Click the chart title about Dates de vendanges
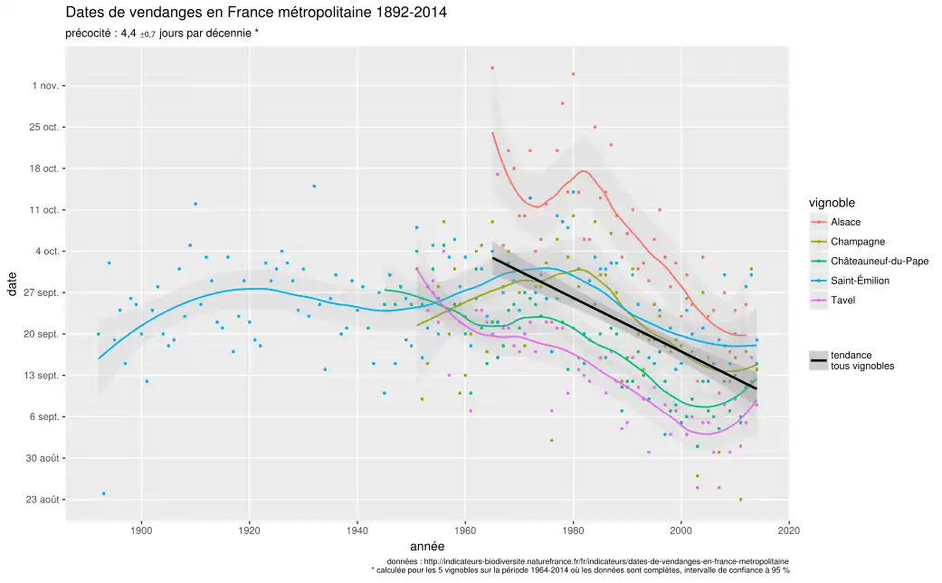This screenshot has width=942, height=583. (256, 14)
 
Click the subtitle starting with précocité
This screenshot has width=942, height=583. (163, 34)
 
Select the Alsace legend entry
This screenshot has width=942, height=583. (845, 222)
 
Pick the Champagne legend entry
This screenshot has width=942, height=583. (857, 242)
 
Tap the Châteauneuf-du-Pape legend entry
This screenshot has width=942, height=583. (873, 262)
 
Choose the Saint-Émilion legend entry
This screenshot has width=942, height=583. (860, 281)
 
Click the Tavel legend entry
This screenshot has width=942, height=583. (842, 301)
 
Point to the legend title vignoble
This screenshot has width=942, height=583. (832, 203)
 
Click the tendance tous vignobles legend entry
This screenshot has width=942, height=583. (861, 360)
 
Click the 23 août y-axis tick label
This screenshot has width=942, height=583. (42, 500)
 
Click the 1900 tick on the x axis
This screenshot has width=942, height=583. (141, 531)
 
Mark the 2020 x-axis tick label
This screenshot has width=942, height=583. (788, 531)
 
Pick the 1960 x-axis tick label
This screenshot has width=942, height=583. (465, 531)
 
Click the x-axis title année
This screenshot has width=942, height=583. (426, 547)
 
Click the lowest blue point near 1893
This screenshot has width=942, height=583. (104, 493)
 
